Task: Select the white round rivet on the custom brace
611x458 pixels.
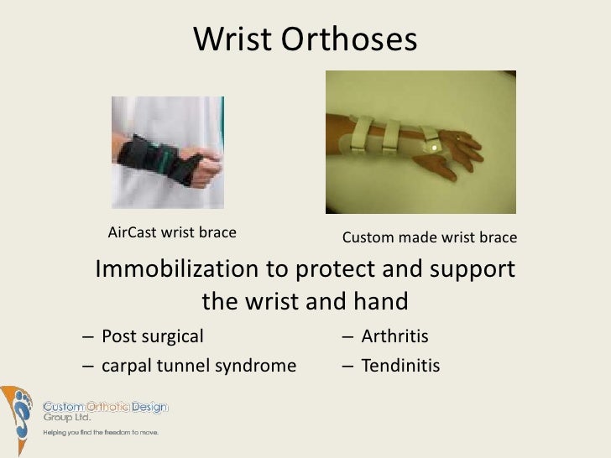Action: point(433,148)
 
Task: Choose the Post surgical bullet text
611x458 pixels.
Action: point(152,337)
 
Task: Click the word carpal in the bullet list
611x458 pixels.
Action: point(124,366)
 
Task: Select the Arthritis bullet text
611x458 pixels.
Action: point(394,337)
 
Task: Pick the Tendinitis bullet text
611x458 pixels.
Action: point(399,366)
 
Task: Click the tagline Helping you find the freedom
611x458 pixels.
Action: point(101,432)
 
